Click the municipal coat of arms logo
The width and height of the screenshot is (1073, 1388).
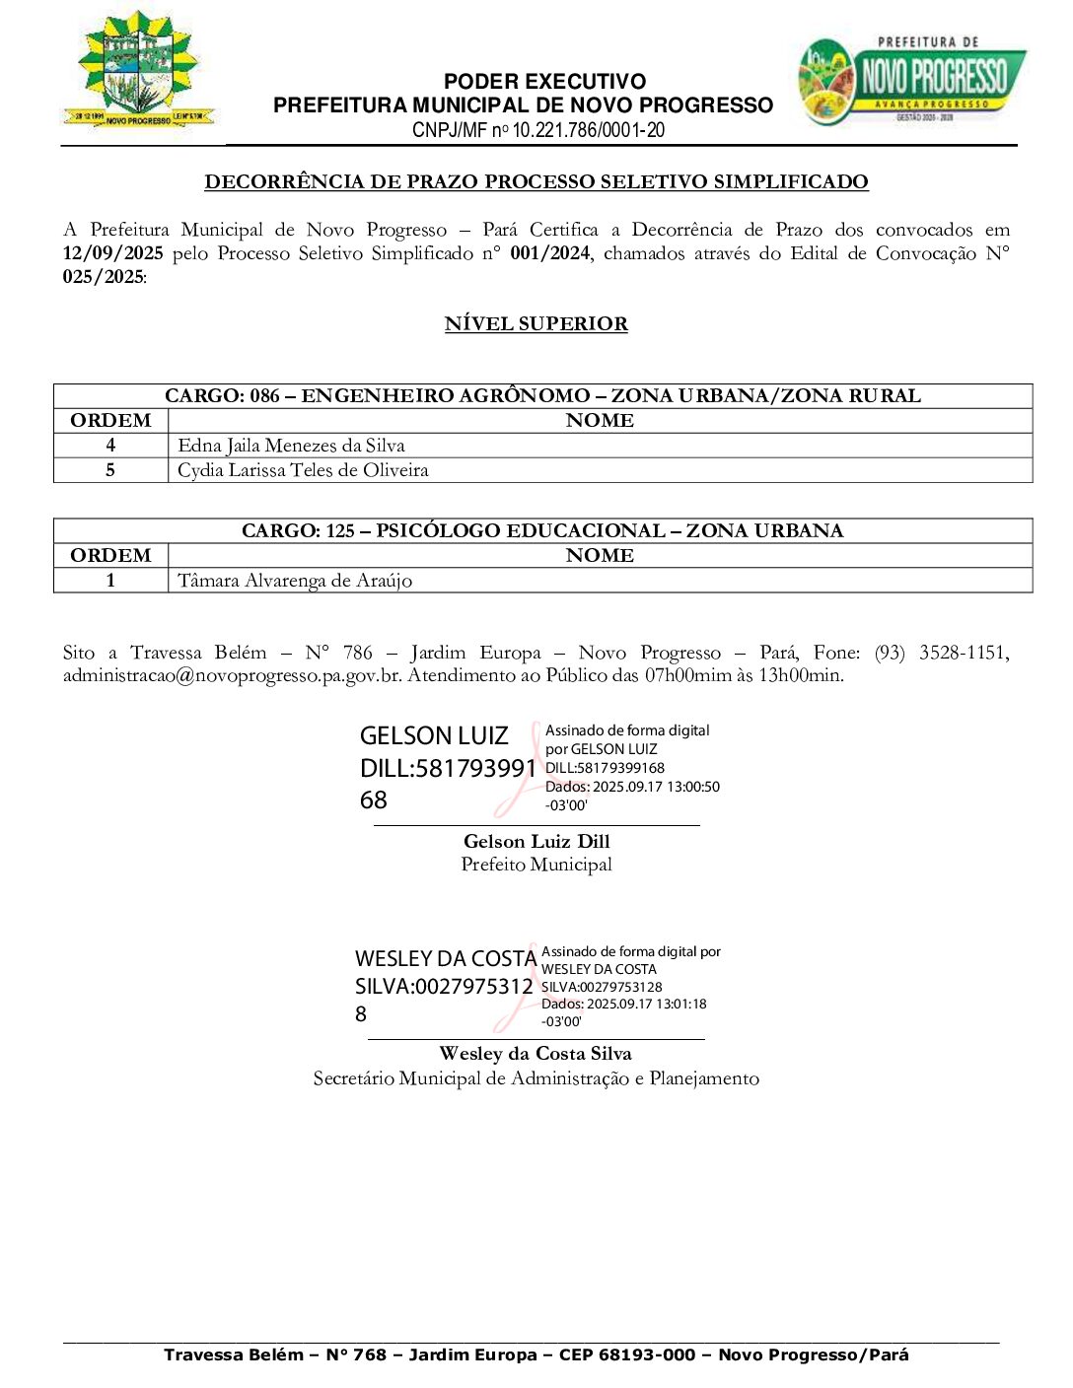(x=138, y=71)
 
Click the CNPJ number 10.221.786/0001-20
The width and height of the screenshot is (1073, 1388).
(x=588, y=130)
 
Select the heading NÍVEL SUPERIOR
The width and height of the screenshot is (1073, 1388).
(x=536, y=323)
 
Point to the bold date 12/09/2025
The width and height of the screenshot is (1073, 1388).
(x=112, y=253)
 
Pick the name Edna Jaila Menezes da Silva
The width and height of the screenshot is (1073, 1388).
(x=291, y=446)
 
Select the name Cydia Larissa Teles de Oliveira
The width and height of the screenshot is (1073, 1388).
(x=303, y=470)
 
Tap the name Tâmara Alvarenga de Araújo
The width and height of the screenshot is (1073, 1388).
(x=295, y=581)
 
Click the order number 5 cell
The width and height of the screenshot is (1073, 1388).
(x=110, y=470)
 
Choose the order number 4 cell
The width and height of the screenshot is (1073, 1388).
(x=110, y=446)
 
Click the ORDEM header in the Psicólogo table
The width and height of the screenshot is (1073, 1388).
(x=110, y=556)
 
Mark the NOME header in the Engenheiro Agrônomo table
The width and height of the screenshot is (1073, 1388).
(x=600, y=421)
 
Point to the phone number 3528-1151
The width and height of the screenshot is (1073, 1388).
(x=963, y=653)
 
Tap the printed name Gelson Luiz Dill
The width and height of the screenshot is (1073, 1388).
(x=536, y=841)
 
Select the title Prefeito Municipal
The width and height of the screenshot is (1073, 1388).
(x=536, y=865)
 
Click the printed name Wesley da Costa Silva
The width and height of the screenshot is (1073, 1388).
(x=536, y=1054)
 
